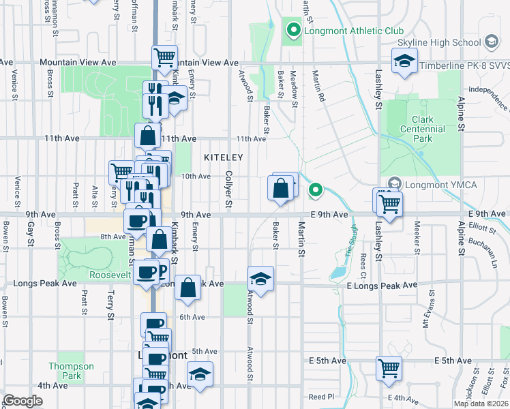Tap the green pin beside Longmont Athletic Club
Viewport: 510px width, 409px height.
tap(294, 30)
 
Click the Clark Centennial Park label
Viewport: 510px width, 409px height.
tap(422, 129)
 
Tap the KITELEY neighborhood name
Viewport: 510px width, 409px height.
tap(223, 157)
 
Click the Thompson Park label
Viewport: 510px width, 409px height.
tap(71, 371)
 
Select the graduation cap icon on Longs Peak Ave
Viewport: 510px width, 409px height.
tap(260, 279)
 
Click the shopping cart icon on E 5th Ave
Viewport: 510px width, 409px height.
tap(389, 369)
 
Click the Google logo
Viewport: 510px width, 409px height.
tap(23, 401)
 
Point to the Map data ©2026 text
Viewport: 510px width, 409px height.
tap(481, 404)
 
